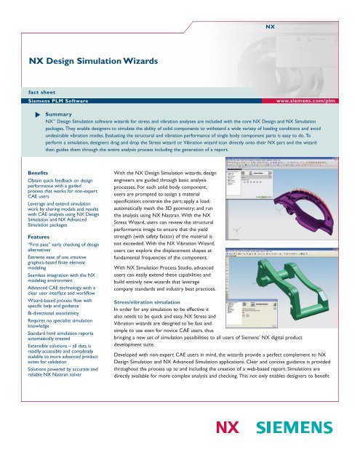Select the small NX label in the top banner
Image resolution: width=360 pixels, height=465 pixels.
point(269,26)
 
